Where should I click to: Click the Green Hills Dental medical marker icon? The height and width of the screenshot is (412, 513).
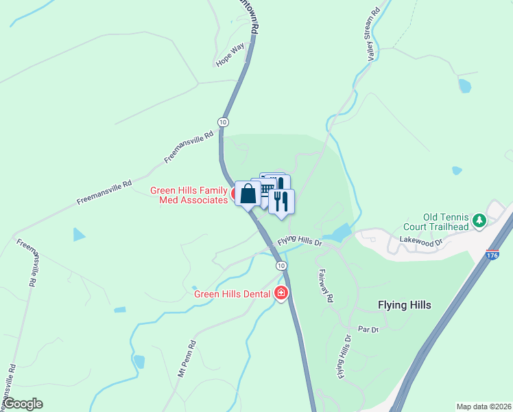click(x=281, y=294)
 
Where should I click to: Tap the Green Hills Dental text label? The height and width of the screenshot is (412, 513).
click(x=232, y=295)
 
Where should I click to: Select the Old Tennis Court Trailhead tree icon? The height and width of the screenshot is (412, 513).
click(x=479, y=220)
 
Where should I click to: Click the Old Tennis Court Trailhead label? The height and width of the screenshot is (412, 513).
click(x=446, y=222)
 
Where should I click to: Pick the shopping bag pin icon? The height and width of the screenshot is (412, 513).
click(x=248, y=193)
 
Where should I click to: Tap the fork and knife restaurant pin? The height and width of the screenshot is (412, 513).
click(x=281, y=201)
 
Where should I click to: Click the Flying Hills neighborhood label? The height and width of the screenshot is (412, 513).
click(x=405, y=305)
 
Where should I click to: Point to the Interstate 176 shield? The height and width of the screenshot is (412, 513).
click(x=493, y=254)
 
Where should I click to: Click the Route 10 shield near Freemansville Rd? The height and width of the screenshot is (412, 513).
click(x=223, y=122)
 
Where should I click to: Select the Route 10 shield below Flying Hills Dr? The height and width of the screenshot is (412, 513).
click(x=281, y=265)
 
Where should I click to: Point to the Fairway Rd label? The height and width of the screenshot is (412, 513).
click(x=325, y=285)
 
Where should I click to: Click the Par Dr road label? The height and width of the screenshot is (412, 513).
click(x=369, y=330)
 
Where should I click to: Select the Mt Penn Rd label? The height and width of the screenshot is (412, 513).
click(x=187, y=358)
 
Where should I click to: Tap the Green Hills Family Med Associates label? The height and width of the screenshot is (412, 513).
click(x=189, y=195)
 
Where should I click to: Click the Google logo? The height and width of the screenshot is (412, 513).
click(x=23, y=404)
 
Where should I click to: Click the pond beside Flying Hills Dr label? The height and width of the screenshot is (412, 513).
click(x=336, y=233)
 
